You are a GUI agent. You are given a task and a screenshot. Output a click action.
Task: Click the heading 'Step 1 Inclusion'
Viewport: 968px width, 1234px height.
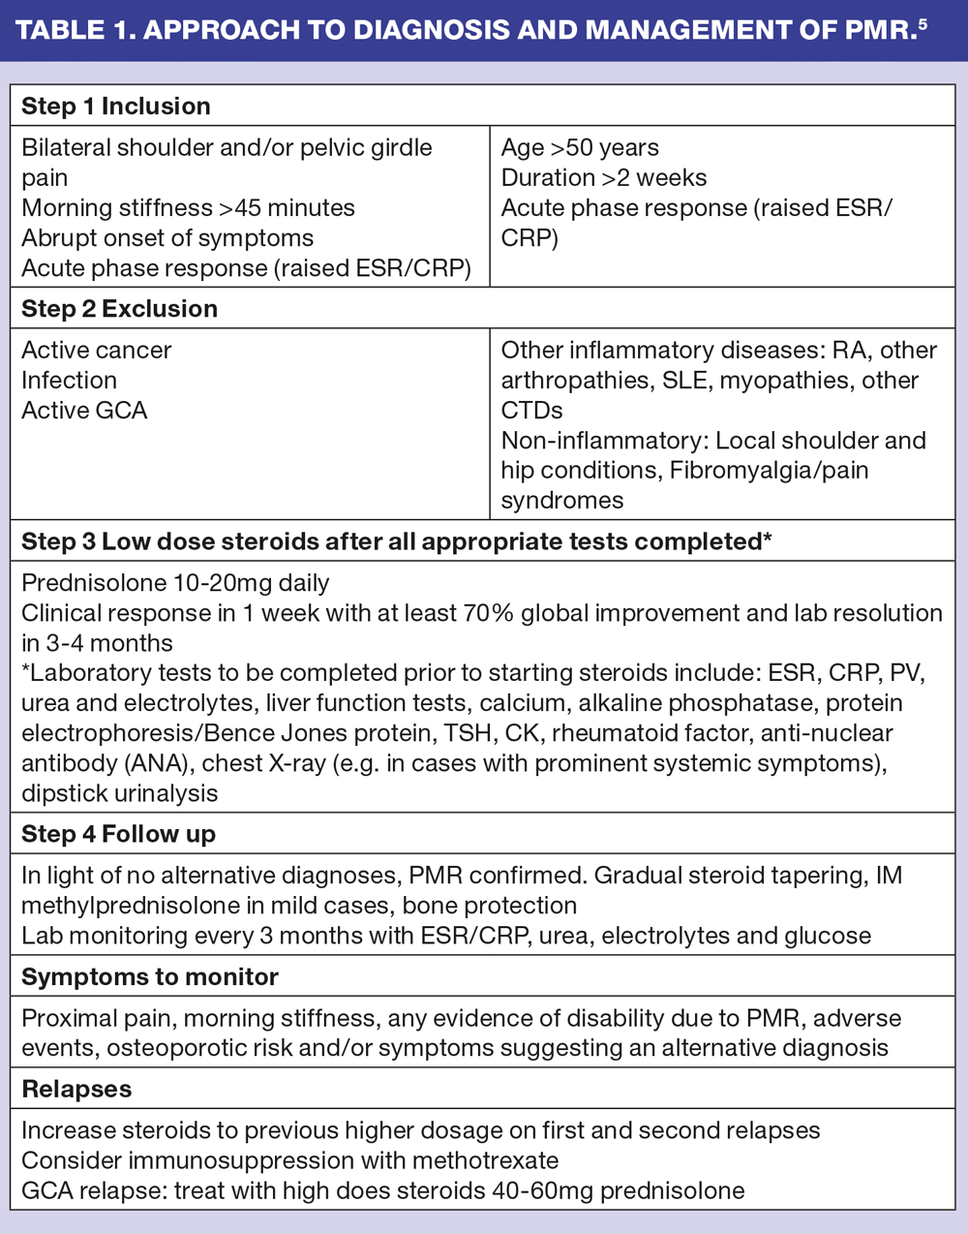116,107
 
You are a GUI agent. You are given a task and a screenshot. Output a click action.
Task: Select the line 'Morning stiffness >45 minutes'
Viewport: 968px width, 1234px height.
188,208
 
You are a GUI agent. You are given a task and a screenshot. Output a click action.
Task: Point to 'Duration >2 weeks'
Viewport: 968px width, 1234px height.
604,178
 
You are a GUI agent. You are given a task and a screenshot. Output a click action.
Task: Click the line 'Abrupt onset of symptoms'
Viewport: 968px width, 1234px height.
167,238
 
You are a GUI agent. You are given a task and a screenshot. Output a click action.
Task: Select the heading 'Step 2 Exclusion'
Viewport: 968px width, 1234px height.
119,309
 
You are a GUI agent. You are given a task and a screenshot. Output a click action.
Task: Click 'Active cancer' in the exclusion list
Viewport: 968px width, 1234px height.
97,351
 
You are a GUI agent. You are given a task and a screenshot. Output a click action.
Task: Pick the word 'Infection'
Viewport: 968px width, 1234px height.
69,381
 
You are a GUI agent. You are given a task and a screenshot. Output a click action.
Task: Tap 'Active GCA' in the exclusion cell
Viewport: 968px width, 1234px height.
84,411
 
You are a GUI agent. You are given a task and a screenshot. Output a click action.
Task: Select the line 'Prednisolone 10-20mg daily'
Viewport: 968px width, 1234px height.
175,583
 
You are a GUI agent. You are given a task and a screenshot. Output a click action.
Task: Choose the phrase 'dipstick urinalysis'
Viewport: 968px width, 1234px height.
120,793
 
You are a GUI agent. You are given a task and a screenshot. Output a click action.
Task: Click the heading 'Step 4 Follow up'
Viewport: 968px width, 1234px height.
118,834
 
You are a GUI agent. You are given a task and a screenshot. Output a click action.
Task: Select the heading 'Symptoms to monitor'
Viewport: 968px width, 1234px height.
150,977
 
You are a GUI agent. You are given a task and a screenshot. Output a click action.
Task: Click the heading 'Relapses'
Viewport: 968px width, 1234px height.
76,1089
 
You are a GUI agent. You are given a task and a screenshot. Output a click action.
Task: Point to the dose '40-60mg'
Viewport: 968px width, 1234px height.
543,1190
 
